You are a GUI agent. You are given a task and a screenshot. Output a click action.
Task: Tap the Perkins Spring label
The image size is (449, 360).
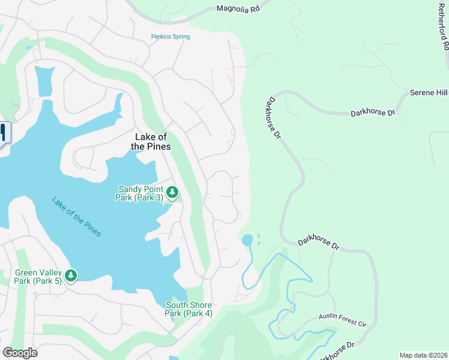(x=170, y=37)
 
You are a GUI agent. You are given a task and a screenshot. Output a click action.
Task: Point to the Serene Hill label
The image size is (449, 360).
(x=429, y=93)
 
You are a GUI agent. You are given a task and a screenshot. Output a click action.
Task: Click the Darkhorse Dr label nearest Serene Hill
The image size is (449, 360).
(x=373, y=113)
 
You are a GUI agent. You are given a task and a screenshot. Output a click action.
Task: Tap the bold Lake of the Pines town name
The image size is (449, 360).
(x=151, y=142)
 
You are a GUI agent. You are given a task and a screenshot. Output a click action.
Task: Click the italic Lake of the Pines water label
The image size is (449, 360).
(x=76, y=217)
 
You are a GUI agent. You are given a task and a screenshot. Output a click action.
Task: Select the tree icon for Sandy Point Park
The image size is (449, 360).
(x=172, y=192)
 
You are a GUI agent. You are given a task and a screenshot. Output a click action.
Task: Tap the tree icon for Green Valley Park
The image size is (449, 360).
(x=71, y=275)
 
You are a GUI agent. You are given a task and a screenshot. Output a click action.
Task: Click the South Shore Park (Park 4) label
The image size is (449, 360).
(x=189, y=309)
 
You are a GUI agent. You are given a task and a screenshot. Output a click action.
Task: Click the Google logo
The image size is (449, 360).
(x=20, y=352)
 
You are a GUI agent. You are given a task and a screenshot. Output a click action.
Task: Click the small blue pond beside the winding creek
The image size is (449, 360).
(x=247, y=241)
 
